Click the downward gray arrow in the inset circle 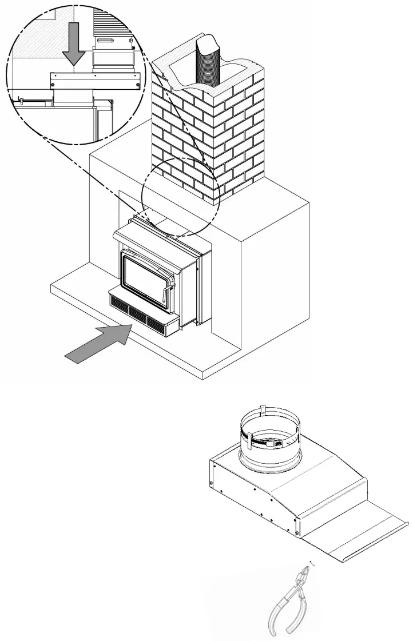point(74,49)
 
